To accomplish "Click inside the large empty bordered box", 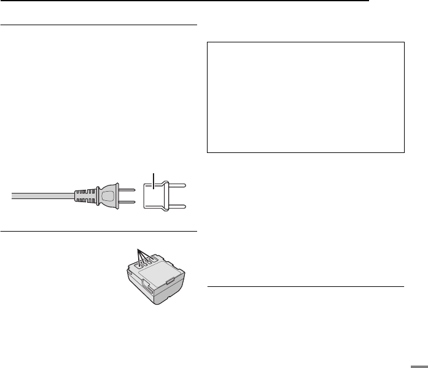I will click(305, 97).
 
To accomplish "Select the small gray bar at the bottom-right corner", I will click(419, 362).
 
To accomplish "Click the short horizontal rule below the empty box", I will click(305, 286).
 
